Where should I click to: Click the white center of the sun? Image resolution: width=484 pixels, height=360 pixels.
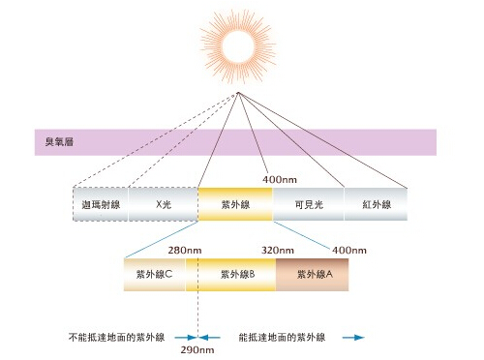click(x=238, y=46)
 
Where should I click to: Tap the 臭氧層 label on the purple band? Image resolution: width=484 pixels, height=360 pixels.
click(x=59, y=142)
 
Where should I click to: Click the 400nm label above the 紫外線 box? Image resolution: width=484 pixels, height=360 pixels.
click(x=280, y=180)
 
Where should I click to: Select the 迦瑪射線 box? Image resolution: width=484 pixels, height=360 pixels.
click(x=101, y=204)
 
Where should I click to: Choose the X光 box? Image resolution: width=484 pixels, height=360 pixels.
click(x=164, y=204)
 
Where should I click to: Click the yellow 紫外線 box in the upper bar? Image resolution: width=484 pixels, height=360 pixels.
click(x=235, y=204)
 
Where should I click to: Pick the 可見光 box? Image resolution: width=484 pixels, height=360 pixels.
click(x=309, y=204)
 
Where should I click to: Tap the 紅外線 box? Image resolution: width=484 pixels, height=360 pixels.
click(x=377, y=204)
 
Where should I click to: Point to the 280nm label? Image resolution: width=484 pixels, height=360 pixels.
click(x=185, y=251)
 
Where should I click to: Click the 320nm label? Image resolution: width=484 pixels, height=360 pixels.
click(x=278, y=251)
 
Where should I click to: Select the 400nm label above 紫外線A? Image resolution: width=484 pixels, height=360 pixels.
click(x=349, y=251)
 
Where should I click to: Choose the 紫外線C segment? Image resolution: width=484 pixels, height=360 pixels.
click(x=155, y=275)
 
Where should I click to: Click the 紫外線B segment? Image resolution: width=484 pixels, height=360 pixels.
click(x=230, y=275)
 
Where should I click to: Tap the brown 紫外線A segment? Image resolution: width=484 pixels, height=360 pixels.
click(x=313, y=275)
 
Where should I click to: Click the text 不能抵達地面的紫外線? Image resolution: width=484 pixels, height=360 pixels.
click(x=117, y=338)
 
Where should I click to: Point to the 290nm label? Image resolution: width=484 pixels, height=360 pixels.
click(x=197, y=350)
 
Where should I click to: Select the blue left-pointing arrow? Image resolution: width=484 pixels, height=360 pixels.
click(x=209, y=338)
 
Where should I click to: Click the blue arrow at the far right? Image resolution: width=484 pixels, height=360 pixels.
click(x=353, y=338)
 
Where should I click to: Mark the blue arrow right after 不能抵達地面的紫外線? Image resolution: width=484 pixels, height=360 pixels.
click(x=186, y=338)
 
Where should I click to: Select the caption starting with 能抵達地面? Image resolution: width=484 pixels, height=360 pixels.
click(x=282, y=338)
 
